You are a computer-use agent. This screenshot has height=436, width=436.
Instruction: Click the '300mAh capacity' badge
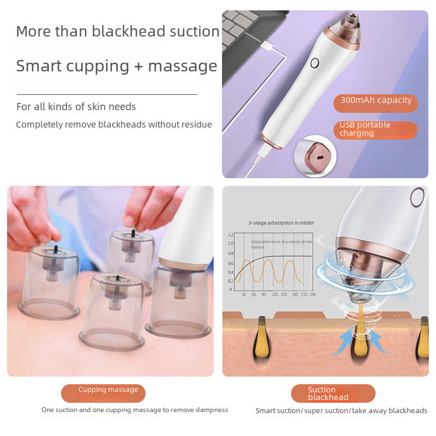[376, 101]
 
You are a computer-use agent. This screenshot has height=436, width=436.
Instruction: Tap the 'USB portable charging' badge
[376, 129]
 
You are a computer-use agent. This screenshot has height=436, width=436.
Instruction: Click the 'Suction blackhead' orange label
[332, 393]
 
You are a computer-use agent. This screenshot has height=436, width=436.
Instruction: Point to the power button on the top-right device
[314, 63]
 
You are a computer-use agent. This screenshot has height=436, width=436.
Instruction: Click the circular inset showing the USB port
[314, 155]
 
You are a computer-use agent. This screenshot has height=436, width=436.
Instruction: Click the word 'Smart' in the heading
[39, 66]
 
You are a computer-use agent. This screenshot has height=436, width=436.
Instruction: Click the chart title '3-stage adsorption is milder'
[281, 222]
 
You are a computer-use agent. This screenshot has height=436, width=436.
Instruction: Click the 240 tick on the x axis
[312, 294]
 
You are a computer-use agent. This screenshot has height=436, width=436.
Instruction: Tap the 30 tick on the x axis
[244, 294]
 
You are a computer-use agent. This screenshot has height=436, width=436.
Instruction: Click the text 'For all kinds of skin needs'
[76, 107]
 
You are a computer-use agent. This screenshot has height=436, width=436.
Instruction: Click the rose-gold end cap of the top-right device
[272, 141]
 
